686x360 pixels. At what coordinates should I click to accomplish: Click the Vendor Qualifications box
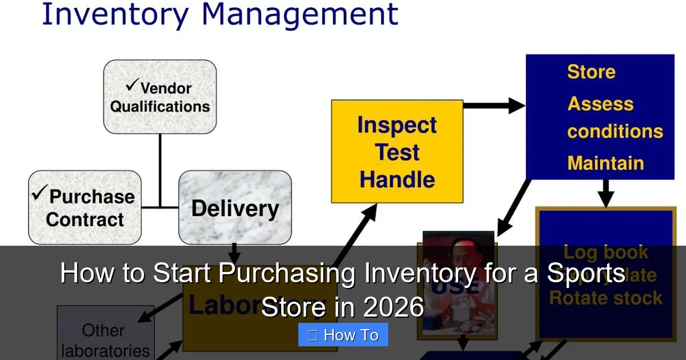[159, 97]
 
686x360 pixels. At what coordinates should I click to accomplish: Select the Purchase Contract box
[85, 207]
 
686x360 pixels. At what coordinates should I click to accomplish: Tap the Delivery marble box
[235, 207]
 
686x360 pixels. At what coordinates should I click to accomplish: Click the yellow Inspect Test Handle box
[397, 151]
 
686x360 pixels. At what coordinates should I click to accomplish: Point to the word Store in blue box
[591, 72]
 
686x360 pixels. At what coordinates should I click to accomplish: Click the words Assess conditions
[614, 118]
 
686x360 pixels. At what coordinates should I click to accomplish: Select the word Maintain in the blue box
[605, 163]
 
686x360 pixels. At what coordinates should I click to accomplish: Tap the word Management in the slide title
[300, 15]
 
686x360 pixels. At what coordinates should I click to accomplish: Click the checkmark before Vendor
[132, 86]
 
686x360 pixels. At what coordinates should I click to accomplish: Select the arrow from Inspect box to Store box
[493, 105]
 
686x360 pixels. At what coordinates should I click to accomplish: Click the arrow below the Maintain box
[606, 193]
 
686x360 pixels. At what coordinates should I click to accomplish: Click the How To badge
[343, 335]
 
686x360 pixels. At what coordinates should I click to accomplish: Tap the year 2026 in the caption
[393, 308]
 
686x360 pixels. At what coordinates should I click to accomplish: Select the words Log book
[605, 252]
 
